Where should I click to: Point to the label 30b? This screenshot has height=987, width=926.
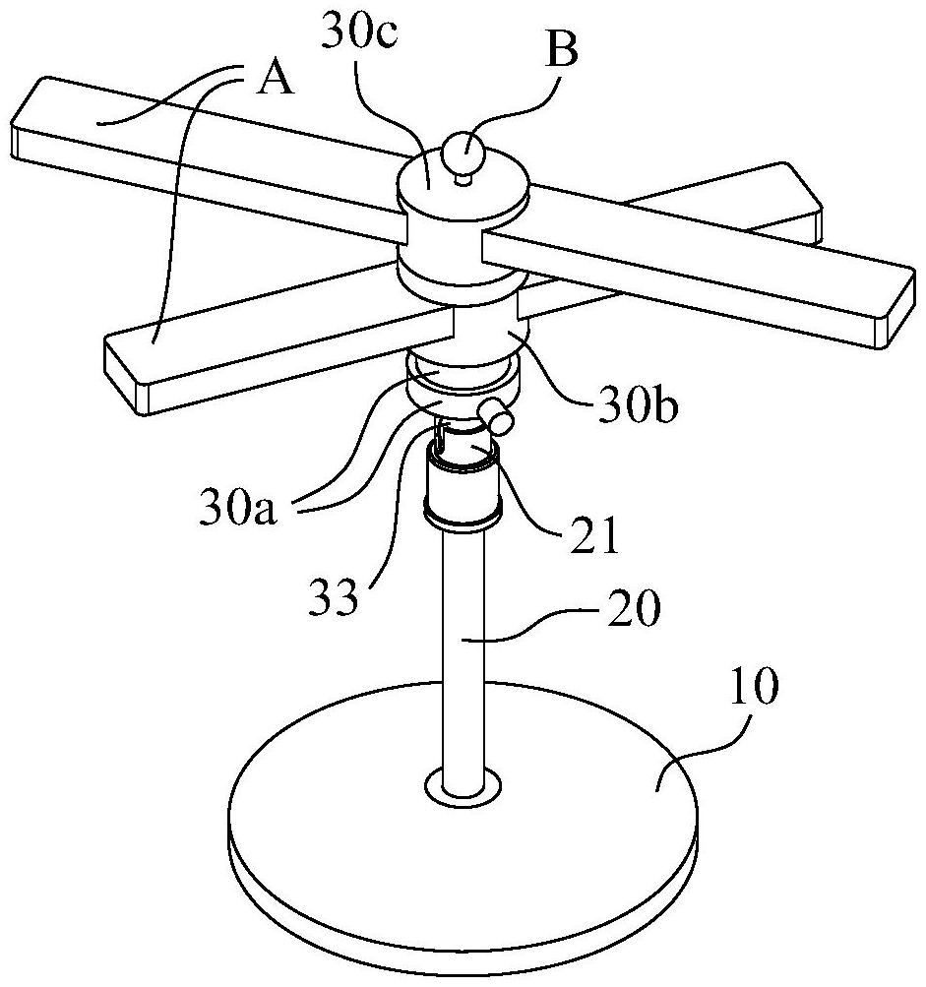(638, 408)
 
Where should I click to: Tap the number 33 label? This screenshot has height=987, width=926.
(333, 594)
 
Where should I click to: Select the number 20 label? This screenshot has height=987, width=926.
(633, 607)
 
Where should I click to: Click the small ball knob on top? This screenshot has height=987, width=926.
(463, 153)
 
